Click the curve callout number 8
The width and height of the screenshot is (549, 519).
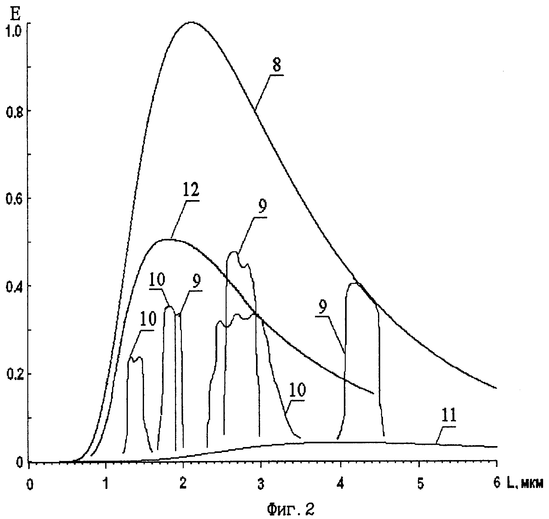(x=277, y=66)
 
